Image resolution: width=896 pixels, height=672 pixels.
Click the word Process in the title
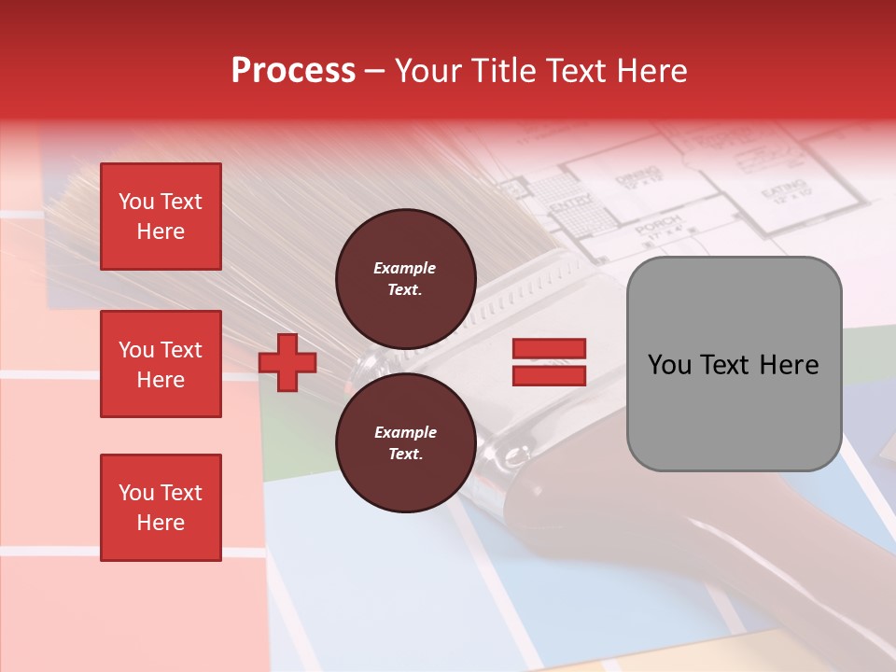click(x=293, y=71)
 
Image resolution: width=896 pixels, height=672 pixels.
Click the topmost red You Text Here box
click(x=161, y=217)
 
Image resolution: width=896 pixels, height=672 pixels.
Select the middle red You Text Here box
click(x=161, y=364)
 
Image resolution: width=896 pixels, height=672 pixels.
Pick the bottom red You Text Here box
click(x=161, y=508)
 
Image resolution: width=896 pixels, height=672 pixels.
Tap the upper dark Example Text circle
click(x=406, y=278)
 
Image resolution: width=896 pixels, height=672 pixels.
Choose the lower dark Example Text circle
click(x=406, y=442)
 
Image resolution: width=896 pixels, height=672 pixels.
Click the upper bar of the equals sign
click(x=549, y=349)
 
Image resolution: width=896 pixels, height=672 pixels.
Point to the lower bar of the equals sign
click(x=549, y=375)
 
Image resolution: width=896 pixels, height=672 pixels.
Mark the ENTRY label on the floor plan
click(x=567, y=204)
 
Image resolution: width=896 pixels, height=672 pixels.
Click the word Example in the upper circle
click(x=405, y=269)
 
